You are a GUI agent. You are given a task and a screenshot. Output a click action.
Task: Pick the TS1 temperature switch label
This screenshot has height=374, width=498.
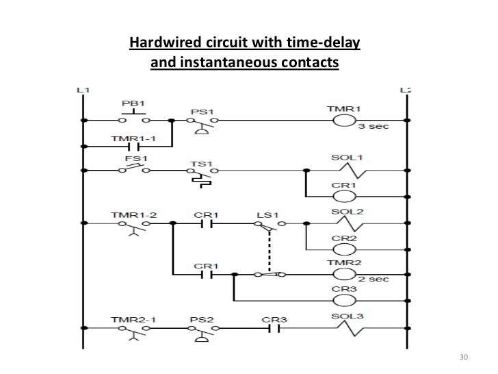click(x=198, y=165)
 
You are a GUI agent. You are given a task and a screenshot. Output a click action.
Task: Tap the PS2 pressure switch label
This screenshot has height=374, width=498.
click(x=197, y=319)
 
